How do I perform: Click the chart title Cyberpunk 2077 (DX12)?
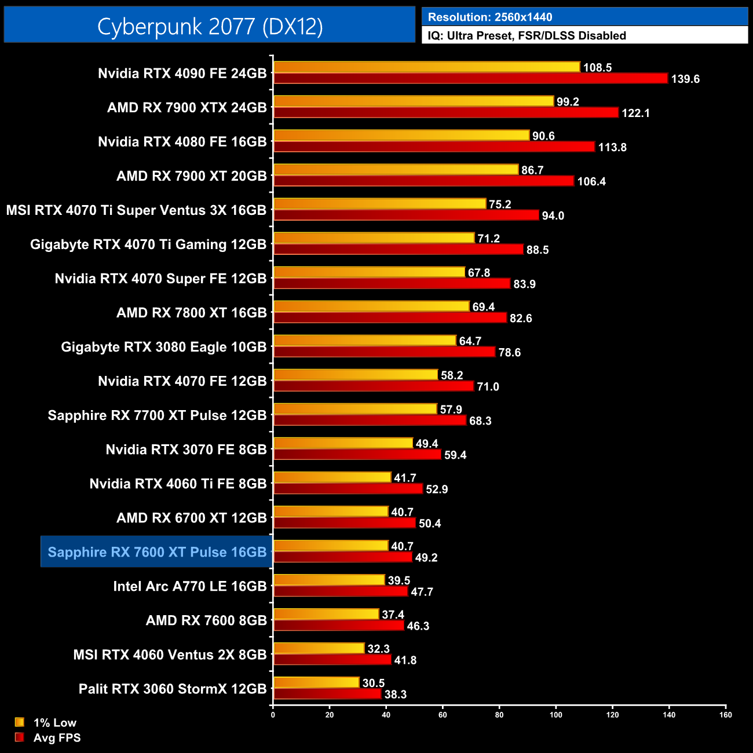(210, 26)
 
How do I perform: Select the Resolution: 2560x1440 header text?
(489, 17)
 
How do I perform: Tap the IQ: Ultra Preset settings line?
(527, 36)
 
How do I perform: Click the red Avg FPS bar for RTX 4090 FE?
(470, 78)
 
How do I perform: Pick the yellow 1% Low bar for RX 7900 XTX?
(414, 101)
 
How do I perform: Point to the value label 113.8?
(612, 147)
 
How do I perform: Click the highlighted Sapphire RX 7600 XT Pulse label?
(157, 552)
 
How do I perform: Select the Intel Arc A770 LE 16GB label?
(189, 586)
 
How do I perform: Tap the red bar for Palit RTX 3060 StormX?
(327, 694)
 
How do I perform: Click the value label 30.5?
(374, 683)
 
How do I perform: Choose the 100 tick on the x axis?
(555, 715)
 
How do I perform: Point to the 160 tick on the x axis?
(725, 715)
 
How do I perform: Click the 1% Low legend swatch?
(20, 722)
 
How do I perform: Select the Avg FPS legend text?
(57, 738)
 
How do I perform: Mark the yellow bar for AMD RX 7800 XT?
(371, 306)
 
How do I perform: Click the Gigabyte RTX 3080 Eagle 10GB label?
(163, 347)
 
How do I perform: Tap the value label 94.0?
(553, 215)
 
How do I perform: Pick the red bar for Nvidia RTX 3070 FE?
(357, 455)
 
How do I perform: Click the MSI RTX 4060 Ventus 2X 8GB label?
(170, 655)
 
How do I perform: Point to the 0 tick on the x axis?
(273, 715)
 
